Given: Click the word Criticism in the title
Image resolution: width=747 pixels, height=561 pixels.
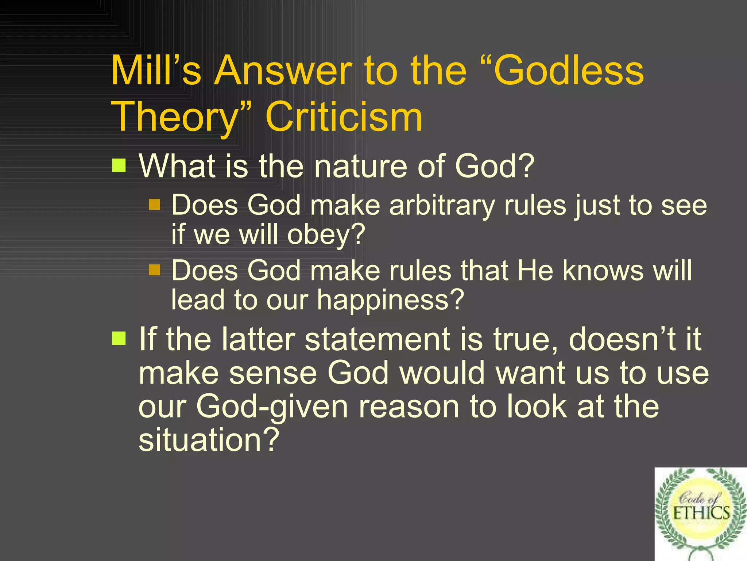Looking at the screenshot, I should (x=344, y=117).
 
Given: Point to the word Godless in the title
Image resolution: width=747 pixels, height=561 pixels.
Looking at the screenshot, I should (x=569, y=70).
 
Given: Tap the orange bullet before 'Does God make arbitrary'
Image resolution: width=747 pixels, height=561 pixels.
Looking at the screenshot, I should (x=155, y=205).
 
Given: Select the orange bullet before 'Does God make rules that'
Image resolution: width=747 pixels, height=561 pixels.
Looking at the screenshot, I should (x=155, y=270).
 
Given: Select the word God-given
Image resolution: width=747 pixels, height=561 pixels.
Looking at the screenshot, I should (x=272, y=407).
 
